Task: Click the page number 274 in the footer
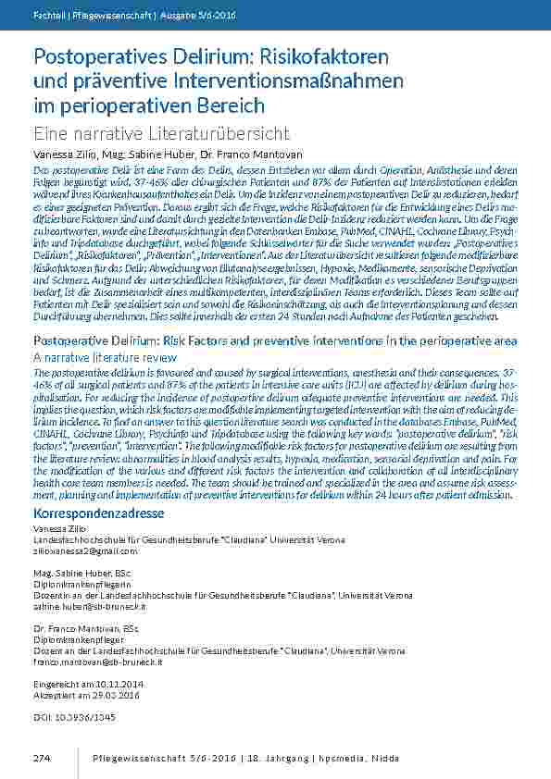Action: click(41, 758)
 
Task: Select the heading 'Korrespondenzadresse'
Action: click(99, 513)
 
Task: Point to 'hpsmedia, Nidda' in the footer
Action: click(364, 758)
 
